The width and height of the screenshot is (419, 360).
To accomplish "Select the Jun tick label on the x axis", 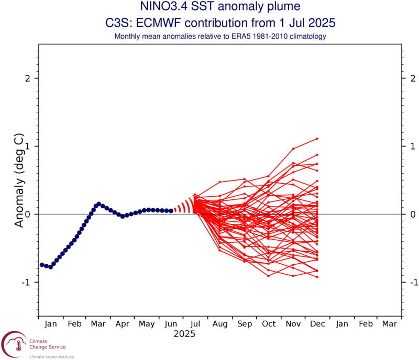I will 172,324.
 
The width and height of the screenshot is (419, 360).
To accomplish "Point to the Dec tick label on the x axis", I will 317,324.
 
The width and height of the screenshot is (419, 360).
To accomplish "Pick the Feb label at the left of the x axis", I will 75,324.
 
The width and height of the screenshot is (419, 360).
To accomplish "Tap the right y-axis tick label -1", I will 413,282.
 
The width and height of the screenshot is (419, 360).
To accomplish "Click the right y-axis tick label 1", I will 413,146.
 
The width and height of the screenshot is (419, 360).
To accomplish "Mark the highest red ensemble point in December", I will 317,139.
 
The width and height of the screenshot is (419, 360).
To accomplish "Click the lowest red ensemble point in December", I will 317,277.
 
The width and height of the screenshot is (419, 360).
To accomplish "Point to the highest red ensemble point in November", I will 293,149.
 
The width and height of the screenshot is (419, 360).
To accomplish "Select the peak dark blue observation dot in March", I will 98,204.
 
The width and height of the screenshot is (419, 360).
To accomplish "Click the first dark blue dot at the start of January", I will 42,265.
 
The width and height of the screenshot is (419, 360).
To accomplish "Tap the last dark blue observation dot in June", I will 171,210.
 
